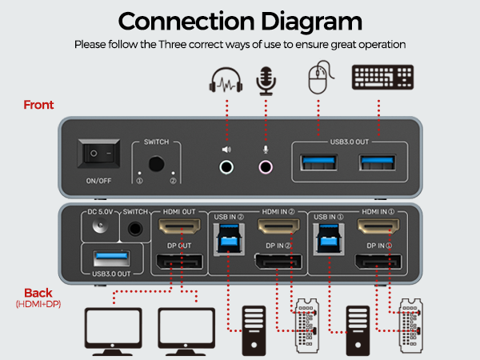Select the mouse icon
pos(318,82)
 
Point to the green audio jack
pos(227,167)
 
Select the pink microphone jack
pos(265,167)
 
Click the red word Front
pos(38,105)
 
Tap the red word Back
pos(38,293)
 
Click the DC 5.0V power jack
pos(101,227)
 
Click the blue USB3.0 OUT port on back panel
pos(111,257)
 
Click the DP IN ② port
pos(276,261)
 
